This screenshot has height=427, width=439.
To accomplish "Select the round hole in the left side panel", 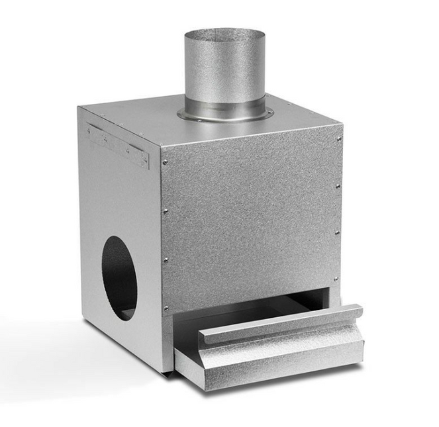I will (120, 278).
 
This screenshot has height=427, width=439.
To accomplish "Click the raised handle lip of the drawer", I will (281, 324).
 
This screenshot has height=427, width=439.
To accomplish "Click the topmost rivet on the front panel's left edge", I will (164, 162).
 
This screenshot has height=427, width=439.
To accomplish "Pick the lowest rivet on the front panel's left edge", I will (166, 308).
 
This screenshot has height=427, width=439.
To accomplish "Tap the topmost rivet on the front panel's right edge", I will (338, 140).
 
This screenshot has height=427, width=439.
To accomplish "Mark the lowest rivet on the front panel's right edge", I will (336, 279).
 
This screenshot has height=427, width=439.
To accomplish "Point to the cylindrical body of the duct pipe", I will (224, 73).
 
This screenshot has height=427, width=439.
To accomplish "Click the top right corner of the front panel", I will (340, 126).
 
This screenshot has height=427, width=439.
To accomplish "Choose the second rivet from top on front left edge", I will (165, 212).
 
